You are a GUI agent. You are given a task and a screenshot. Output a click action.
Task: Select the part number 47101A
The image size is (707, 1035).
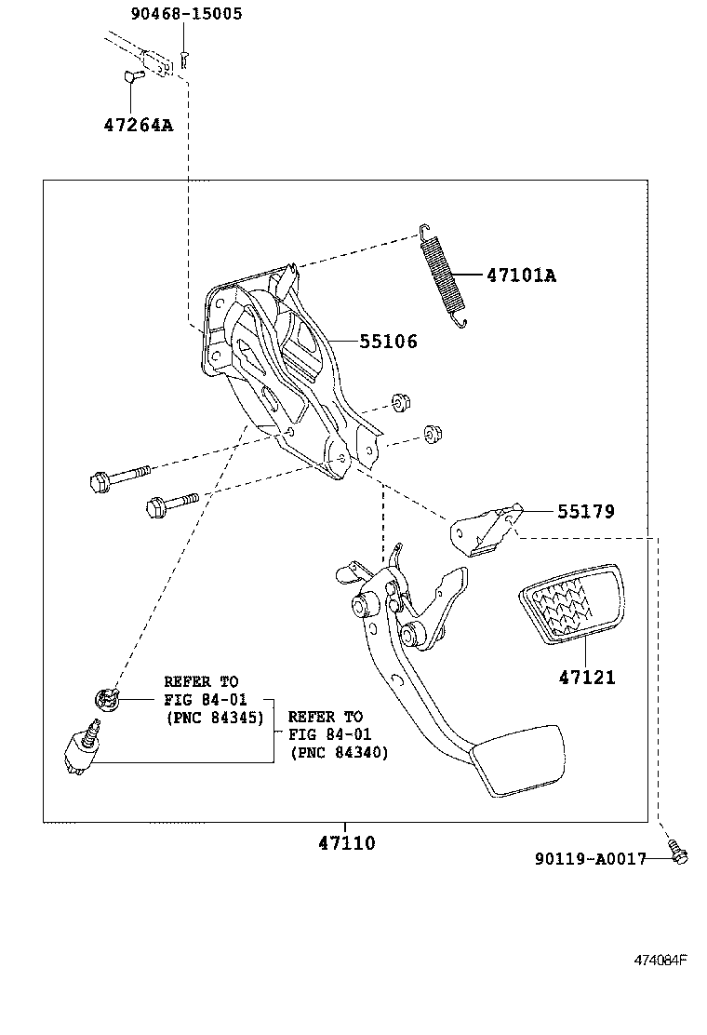[x=520, y=276]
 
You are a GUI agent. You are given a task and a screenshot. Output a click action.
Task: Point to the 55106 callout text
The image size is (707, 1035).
[x=388, y=342]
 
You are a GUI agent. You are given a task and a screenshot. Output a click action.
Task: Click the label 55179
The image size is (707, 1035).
[x=586, y=511]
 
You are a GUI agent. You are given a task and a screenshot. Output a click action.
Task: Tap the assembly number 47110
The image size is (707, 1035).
[x=346, y=843]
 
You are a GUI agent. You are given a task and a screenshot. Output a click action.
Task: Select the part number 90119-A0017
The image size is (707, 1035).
[x=590, y=859]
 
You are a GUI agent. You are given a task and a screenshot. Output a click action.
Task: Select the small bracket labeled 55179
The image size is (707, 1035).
[x=484, y=532]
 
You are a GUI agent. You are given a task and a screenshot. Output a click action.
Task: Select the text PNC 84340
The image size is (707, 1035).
[x=339, y=752]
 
